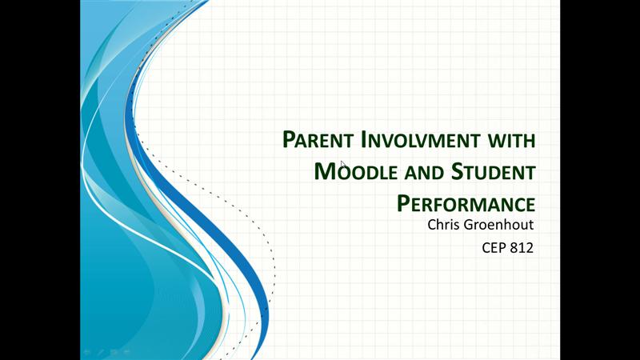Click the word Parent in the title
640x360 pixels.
click(318, 139)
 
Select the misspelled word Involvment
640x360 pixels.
click(421, 139)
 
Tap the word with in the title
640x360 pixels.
click(512, 139)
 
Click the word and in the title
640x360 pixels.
click(424, 173)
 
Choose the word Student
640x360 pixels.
click(493, 171)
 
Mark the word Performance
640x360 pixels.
click(466, 203)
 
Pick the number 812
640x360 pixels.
click(522, 248)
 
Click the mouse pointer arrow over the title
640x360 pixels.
click(343, 165)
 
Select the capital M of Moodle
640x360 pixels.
click(324, 171)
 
